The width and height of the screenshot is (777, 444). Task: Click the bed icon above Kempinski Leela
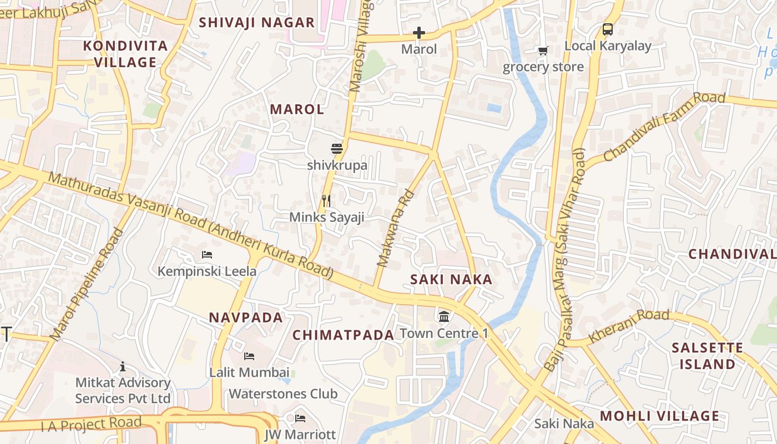pos(207,255)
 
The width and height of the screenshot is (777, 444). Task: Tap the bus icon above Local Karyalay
pos(608,29)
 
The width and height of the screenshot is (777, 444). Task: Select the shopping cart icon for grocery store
pos(543,51)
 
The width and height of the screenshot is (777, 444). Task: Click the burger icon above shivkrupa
pos(337,149)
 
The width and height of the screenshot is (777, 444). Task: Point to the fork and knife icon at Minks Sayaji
pos(326,200)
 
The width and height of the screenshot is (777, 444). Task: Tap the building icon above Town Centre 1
pos(444,317)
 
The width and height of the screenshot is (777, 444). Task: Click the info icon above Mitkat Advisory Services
pos(123,367)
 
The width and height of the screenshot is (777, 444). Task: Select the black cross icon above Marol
pos(419,33)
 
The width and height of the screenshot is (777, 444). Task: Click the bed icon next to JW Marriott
pos(300,418)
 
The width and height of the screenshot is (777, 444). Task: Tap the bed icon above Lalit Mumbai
pos(249,356)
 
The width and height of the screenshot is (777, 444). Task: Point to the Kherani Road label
pos(629,325)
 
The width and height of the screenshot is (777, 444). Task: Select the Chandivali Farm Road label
pos(664,127)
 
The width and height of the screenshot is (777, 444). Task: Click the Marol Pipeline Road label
pos(87,284)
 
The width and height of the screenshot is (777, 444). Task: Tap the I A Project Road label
pos(91,424)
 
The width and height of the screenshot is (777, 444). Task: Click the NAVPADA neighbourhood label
pos(246,318)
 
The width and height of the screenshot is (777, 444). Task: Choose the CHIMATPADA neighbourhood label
pos(343,335)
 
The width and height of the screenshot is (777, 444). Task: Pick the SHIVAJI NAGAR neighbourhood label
pos(256,23)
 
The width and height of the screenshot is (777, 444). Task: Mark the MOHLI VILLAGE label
pos(659,416)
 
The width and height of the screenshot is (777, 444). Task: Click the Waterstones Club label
pos(283,394)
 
